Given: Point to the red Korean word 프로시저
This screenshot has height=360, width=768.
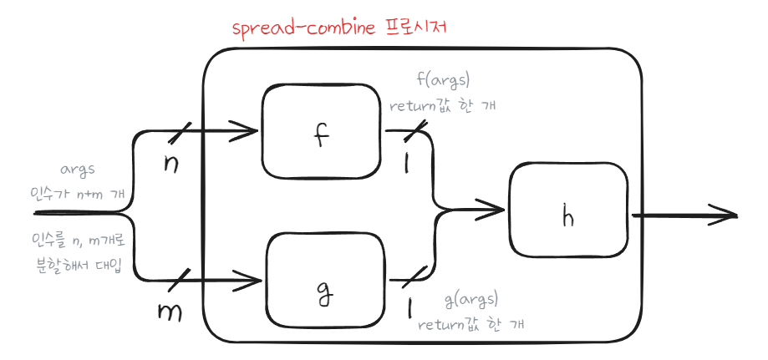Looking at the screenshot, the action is click(x=414, y=28).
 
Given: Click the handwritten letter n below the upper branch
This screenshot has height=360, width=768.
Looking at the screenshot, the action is click(x=170, y=165).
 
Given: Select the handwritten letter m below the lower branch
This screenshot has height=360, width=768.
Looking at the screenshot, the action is click(x=170, y=312).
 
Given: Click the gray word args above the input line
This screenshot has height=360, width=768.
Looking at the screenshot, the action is click(x=78, y=171).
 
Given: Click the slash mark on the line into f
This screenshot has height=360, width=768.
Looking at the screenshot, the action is click(x=179, y=131).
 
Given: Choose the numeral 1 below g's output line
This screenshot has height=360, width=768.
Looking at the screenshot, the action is click(x=409, y=308).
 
